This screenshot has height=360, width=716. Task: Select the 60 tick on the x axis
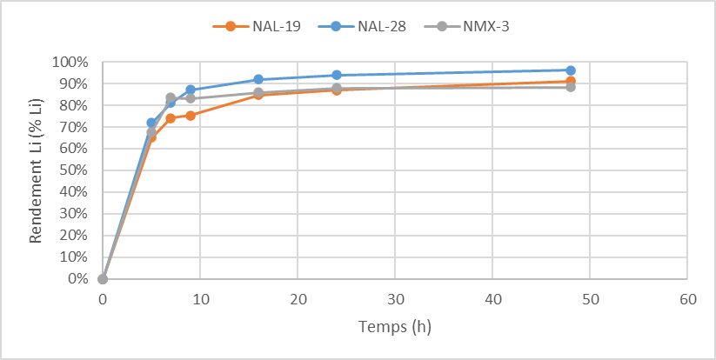(687, 298)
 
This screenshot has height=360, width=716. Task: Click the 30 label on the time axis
(395, 298)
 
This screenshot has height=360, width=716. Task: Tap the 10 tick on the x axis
(200, 298)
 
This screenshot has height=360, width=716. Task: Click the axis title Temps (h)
(394, 327)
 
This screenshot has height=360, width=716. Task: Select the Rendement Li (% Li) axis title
(37, 170)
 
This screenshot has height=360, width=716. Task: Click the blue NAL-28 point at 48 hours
(571, 70)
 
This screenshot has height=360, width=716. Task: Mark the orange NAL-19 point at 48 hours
(571, 82)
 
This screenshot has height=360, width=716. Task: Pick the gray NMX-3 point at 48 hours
(571, 87)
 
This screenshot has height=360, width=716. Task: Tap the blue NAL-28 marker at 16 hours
(258, 79)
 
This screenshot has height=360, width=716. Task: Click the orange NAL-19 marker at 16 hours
(258, 95)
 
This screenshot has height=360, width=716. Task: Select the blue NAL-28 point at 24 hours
(337, 75)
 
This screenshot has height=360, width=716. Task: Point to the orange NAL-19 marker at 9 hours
(191, 116)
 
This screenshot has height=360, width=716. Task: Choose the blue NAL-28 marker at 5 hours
(151, 123)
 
